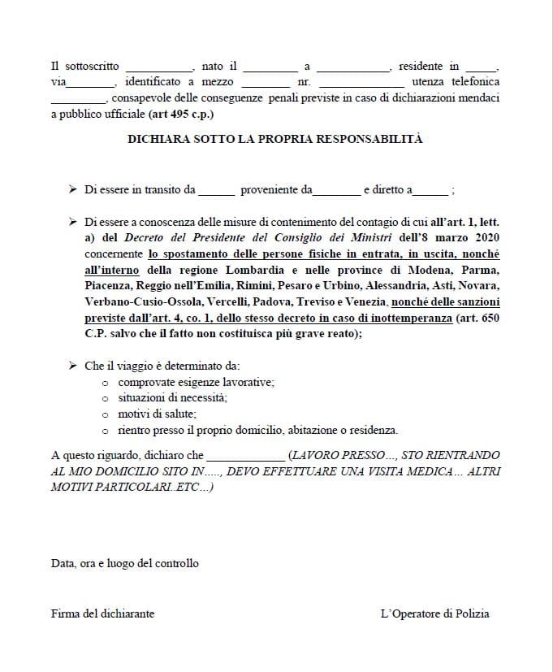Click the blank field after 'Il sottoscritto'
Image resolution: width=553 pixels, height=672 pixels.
[x=158, y=67]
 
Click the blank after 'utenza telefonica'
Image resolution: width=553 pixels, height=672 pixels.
[x=77, y=98]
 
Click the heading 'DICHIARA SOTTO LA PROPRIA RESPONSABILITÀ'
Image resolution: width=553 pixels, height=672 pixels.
[x=275, y=139]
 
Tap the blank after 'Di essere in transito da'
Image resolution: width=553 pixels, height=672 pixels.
[x=216, y=191]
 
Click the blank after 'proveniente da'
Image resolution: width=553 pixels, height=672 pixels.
[x=337, y=191]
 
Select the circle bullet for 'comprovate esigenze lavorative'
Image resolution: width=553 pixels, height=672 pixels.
[x=106, y=382]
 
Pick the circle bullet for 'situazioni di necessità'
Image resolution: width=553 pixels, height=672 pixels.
[x=106, y=398]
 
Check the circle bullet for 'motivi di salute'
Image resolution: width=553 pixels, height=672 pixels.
[x=106, y=414]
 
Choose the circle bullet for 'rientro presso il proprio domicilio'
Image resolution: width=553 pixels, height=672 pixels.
[x=106, y=431]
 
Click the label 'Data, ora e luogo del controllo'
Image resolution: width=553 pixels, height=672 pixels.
[x=124, y=563]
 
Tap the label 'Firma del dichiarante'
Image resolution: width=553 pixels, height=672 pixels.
[x=102, y=613]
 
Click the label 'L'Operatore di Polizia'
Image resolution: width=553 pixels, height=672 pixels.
[x=434, y=613]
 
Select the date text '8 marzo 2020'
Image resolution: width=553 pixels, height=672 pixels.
[x=464, y=237]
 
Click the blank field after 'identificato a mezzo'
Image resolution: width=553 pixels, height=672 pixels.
[x=266, y=83]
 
